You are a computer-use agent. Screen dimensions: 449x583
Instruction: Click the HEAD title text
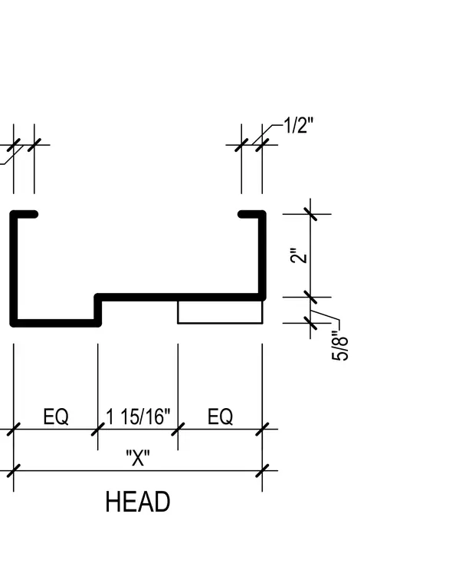pos(138,502)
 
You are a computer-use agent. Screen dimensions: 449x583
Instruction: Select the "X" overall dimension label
pos(138,458)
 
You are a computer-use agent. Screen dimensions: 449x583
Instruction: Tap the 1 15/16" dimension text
pos(138,417)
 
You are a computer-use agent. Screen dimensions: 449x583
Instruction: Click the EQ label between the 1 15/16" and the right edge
pos(220,417)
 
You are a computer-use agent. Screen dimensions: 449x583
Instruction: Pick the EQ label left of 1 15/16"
pos(56,417)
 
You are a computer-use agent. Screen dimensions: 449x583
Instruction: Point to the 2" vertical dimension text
pos(299,255)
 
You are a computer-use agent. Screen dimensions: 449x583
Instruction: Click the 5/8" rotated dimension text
pos(339,345)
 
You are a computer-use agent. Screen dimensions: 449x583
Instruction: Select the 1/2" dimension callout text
pos(299,125)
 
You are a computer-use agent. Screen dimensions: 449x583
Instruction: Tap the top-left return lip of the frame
pos(24,214)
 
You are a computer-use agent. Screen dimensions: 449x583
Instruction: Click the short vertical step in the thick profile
pos(98,310)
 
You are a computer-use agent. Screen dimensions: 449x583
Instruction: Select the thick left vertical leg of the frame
pos(14,268)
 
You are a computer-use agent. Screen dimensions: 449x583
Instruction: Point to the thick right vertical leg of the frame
pos(262,255)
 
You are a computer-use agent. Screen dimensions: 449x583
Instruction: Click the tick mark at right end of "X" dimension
pos(262,470)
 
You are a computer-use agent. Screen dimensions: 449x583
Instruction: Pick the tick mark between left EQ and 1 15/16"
pos(98,429)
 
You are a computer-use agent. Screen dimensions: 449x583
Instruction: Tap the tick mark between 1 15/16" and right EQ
pos(178,429)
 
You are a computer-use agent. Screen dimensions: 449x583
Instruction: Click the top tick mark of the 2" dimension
pos(310,214)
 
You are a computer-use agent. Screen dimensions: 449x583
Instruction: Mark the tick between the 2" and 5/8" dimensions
pos(310,297)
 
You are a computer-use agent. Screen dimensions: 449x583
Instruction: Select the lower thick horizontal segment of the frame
pos(56,323)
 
